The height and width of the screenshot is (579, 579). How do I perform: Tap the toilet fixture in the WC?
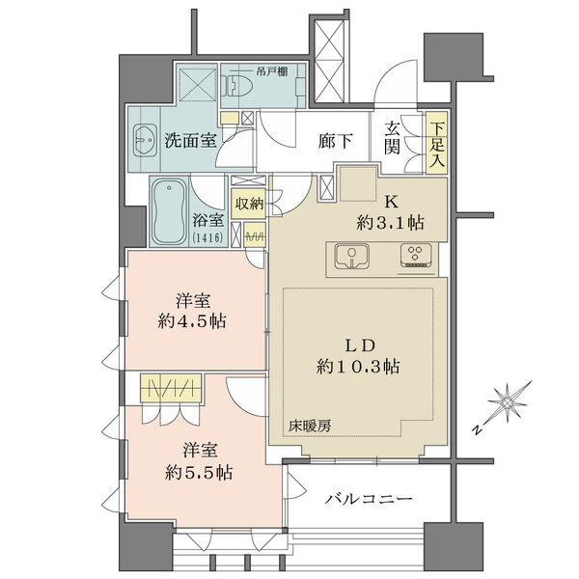tap(237, 89)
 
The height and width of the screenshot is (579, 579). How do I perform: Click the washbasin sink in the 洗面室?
tap(146, 140)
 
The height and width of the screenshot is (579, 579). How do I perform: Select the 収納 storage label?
tap(249, 204)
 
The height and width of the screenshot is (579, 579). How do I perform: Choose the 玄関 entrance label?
tap(394, 138)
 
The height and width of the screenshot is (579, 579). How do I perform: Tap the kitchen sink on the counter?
tap(353, 257)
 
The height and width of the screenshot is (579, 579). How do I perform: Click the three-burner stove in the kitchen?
tap(416, 256)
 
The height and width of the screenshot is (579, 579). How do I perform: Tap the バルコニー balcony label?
tap(369, 499)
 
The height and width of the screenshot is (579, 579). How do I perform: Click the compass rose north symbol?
tap(509, 399)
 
